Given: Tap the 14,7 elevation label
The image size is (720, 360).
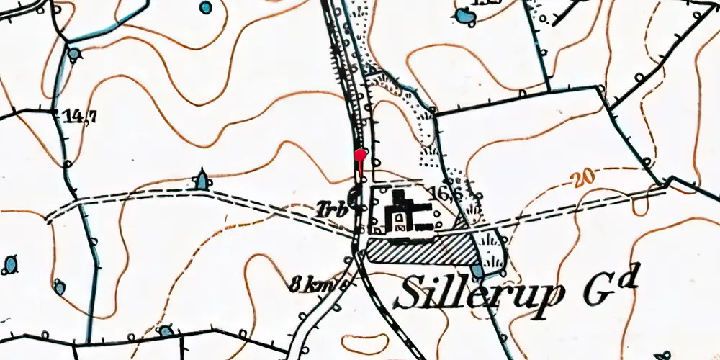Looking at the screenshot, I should coord(78,117).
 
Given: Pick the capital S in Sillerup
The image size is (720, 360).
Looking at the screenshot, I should coord(410,289).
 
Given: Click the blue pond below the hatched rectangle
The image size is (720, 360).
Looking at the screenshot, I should coord(478,271).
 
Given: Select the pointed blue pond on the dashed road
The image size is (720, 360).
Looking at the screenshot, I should coord(202,179).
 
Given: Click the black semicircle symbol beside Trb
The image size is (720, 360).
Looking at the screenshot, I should coord(354,194).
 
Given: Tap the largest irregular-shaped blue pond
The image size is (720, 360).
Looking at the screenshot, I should coord(464,15).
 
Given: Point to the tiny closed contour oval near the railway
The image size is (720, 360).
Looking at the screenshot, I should coord(360,343).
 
